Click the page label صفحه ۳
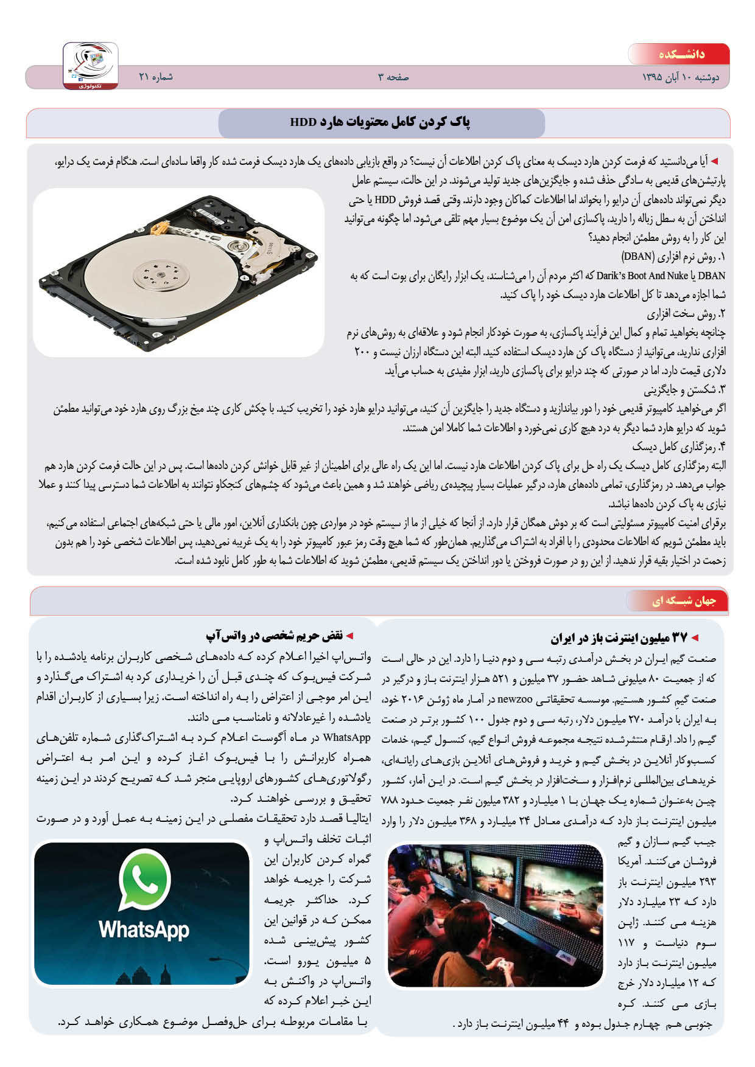tap(393, 77)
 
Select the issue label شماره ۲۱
tap(156, 77)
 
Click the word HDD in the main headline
tap(303, 122)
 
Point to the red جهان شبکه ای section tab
tap(684, 601)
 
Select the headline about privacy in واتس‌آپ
tap(275, 636)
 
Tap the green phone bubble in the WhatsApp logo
tap(144, 878)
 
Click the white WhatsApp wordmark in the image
tap(144, 929)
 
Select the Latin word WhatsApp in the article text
tap(346, 737)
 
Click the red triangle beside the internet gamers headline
tap(695, 638)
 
